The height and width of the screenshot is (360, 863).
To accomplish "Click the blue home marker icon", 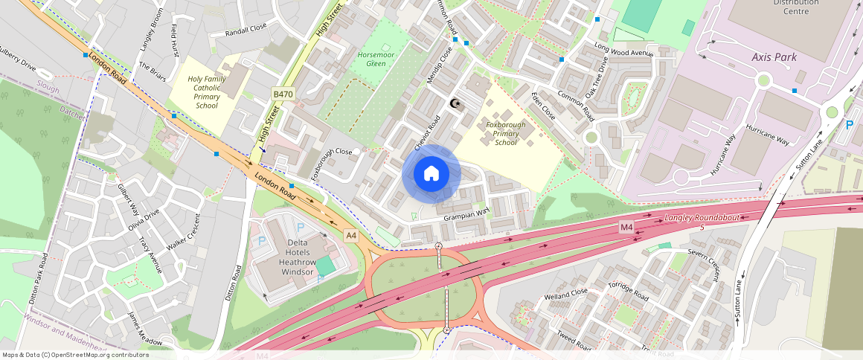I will pos(431,174).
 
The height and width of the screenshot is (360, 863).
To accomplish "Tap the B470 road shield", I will pos(283,94).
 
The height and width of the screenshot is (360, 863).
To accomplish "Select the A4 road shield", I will pos(351,236).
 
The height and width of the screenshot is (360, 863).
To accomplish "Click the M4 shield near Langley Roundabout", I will pos(626,227).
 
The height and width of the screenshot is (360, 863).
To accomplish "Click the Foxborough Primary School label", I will pos(505,133).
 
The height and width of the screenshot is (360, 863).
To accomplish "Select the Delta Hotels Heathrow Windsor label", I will pos(296,257).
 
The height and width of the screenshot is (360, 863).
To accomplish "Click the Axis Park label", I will pos(774,57).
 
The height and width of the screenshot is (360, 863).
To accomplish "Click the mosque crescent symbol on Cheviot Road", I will pos(456,103).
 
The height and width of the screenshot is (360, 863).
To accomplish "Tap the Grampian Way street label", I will pos(466,215).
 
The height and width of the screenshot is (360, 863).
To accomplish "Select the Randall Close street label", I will pos(246,30).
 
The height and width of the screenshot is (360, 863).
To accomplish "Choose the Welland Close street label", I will pos(565,295).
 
